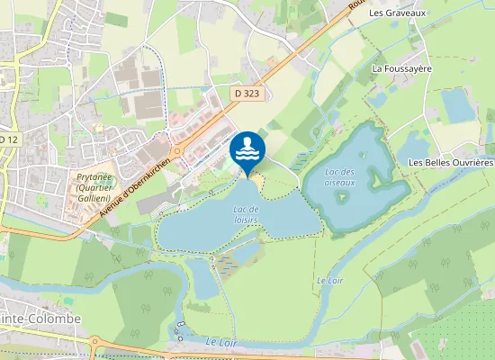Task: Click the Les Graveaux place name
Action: pyautogui.click(x=397, y=13)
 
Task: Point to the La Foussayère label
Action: pyautogui.click(x=402, y=68)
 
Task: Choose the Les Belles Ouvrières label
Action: pyautogui.click(x=451, y=162)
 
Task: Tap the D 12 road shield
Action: pyautogui.click(x=9, y=139)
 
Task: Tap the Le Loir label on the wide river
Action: pyautogui.click(x=220, y=341)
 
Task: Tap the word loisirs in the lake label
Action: pyautogui.click(x=244, y=219)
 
